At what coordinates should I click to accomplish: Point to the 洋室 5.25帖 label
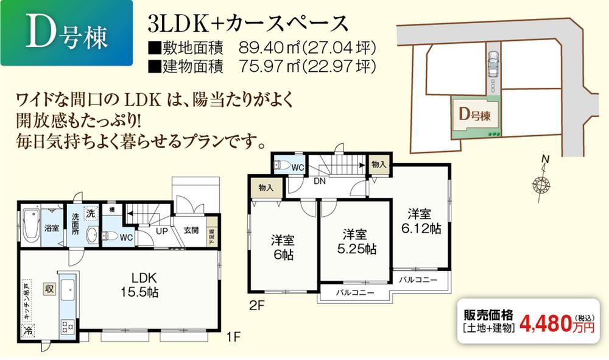[354, 241]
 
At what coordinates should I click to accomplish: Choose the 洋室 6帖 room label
[283, 247]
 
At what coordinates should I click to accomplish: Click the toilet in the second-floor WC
[283, 164]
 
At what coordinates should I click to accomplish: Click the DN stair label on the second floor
[319, 181]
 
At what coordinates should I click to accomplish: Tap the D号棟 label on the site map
[475, 114]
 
